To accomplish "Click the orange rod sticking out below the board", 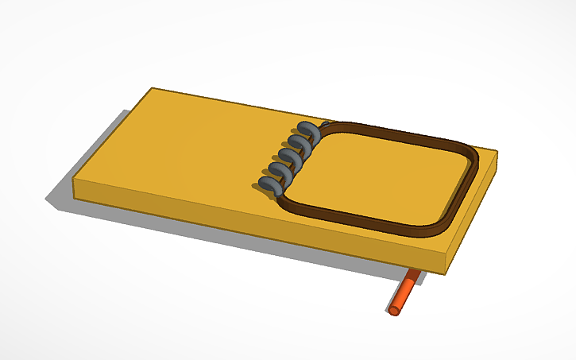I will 404,292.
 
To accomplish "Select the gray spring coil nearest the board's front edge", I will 271,184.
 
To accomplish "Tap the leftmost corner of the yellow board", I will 75,182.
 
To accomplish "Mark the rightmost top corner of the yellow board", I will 497,150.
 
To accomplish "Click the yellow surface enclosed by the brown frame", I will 381,175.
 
